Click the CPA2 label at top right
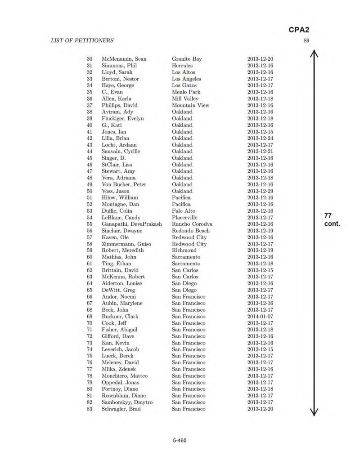click(x=299, y=30)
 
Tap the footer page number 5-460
click(x=180, y=440)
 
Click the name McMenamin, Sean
click(x=124, y=59)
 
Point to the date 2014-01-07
click(x=260, y=317)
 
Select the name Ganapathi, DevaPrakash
click(x=132, y=224)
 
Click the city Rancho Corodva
click(x=192, y=224)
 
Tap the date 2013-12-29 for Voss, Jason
click(x=260, y=191)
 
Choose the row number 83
click(x=89, y=409)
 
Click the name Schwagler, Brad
click(x=121, y=409)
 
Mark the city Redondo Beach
click(x=190, y=231)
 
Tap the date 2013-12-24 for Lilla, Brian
click(x=260, y=138)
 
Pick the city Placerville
click(x=187, y=217)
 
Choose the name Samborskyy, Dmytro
click(x=127, y=402)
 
